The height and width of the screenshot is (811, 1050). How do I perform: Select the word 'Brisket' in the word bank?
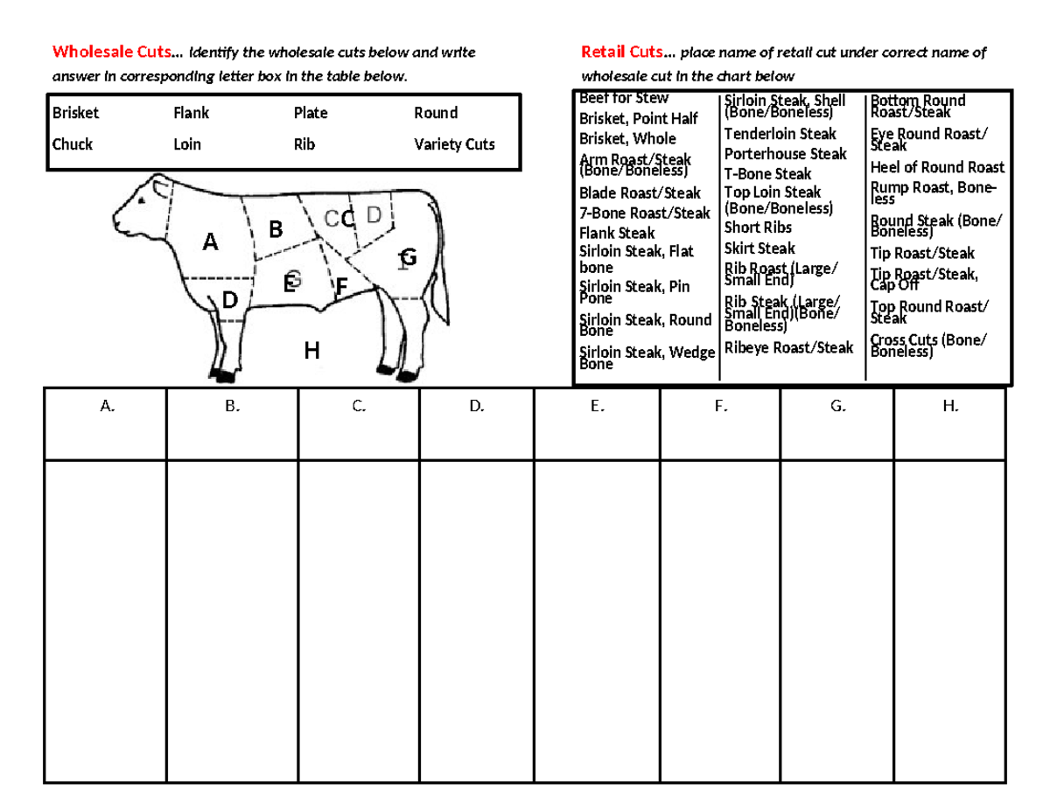coord(76,113)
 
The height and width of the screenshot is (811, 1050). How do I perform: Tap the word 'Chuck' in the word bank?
coord(73,144)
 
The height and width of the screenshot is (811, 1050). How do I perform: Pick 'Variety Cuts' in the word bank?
coord(454,144)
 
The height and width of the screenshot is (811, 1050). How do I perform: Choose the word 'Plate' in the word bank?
coord(311,113)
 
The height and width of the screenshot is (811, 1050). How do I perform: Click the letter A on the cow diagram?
coord(210,242)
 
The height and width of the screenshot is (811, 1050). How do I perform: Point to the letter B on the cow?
coord(276,230)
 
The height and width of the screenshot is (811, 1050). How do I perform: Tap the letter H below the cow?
coord(311,352)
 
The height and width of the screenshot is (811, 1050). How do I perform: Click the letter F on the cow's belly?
coord(342,287)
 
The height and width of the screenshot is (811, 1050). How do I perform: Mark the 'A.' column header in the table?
coord(107,406)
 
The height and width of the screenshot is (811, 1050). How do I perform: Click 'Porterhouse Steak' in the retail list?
coord(785,154)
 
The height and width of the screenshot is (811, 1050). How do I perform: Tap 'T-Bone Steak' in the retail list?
coord(768,174)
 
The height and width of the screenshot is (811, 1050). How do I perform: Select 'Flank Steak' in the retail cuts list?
coord(617,233)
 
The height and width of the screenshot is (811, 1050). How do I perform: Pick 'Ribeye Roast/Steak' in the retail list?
coord(788,348)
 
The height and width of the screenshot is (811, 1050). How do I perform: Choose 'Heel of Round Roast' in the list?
coord(937,167)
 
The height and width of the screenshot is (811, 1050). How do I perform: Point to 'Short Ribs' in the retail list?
coord(758,227)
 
